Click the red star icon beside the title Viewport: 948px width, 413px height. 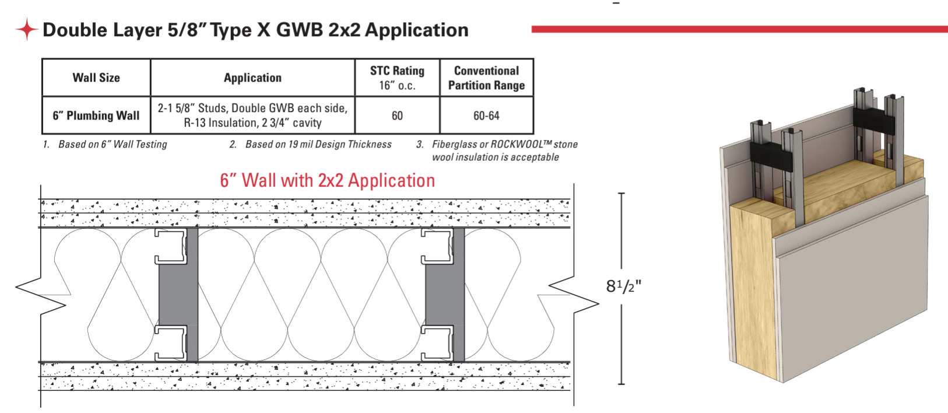tap(26, 29)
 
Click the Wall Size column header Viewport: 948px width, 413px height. tap(96, 78)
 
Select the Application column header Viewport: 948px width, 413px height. tap(252, 78)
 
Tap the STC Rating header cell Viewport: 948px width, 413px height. tap(397, 78)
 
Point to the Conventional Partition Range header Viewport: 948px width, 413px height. tap(486, 78)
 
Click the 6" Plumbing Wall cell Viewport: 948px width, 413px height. tap(96, 116)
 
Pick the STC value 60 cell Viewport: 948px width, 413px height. tap(397, 116)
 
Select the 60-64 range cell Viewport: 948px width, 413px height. tap(486, 116)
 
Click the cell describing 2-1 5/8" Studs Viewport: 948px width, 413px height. tap(252, 116)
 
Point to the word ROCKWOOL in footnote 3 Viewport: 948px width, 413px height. tap(516, 144)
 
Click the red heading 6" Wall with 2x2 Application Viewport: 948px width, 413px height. tap(327, 180)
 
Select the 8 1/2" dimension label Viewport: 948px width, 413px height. tap(623, 286)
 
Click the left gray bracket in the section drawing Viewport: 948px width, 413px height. tap(178, 295)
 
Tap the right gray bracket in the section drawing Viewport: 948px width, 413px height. tap(444, 295)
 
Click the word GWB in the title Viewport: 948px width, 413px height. tap(299, 30)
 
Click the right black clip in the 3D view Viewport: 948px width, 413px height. tap(873, 120)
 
